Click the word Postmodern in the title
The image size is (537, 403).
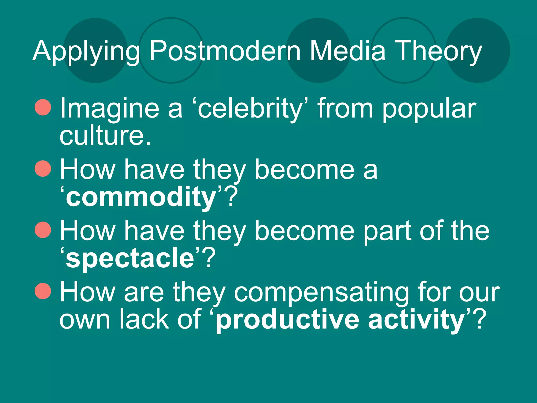225,51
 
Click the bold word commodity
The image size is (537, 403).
141,197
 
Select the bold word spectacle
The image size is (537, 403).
130,258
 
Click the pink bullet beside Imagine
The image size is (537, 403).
43,107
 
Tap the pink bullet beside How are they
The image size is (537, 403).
43,291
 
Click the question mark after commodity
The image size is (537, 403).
231,197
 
